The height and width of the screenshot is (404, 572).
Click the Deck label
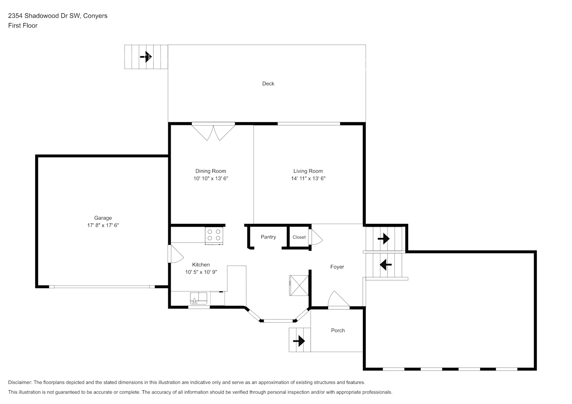click(x=268, y=84)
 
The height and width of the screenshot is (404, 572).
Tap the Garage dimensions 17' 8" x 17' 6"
click(x=103, y=225)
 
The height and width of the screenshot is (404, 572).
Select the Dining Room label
click(x=211, y=171)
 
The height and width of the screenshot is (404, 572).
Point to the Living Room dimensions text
click(x=308, y=178)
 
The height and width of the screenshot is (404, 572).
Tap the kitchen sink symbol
click(x=198, y=299)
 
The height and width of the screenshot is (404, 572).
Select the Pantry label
click(x=268, y=237)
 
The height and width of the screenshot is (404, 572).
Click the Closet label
click(x=299, y=237)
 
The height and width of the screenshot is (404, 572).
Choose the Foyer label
click(x=337, y=267)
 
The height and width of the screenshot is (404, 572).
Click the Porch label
click(x=338, y=330)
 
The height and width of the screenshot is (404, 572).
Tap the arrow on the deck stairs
click(x=146, y=57)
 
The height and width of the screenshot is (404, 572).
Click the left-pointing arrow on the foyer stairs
click(x=386, y=265)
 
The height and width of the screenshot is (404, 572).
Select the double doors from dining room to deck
click(x=213, y=131)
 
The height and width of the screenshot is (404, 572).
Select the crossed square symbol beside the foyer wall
click(x=299, y=286)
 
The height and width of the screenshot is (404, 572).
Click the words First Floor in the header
click(x=23, y=25)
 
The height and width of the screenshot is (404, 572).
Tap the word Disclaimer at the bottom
click(x=20, y=382)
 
